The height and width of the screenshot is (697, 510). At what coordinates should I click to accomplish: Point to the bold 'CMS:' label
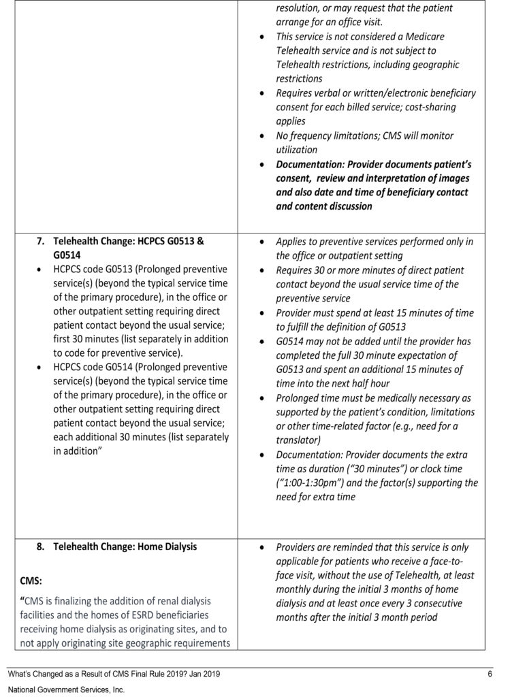31,581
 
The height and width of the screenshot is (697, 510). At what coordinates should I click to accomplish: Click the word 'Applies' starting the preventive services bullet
292,242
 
